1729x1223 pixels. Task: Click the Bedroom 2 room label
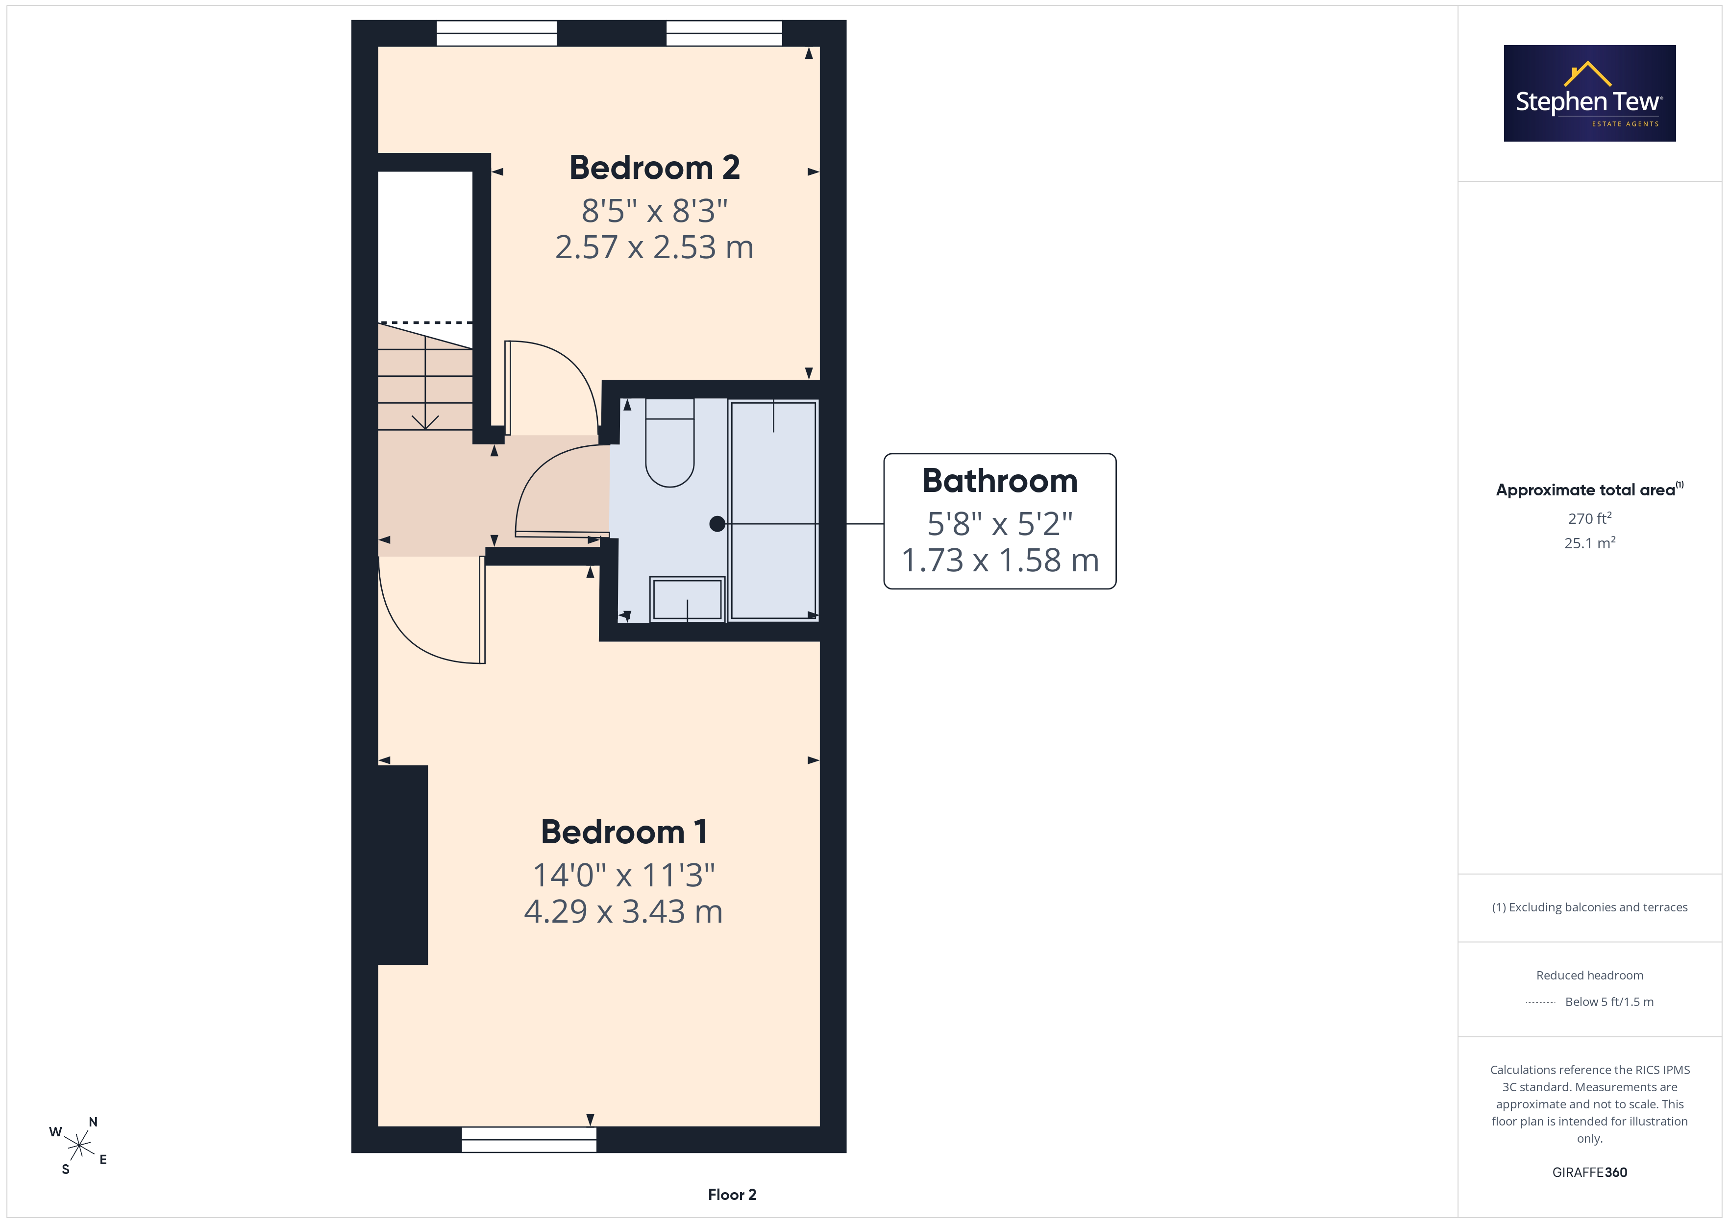[654, 167]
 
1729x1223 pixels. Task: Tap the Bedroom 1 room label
[623, 832]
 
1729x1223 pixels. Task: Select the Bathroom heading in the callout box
[1000, 481]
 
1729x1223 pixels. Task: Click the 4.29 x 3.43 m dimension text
[623, 911]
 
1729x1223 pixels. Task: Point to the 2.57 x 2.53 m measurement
[654, 247]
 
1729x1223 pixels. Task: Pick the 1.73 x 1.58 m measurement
[1000, 560]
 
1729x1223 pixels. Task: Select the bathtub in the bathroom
[773, 511]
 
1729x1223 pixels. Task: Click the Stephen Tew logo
[1590, 94]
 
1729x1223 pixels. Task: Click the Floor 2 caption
[732, 1195]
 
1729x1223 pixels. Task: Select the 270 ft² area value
[1590, 518]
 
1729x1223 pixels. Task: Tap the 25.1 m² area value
[1590, 542]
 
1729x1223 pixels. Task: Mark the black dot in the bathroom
[717, 523]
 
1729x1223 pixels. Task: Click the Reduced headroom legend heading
[1590, 975]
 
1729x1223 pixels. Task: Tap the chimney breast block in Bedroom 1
[403, 864]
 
